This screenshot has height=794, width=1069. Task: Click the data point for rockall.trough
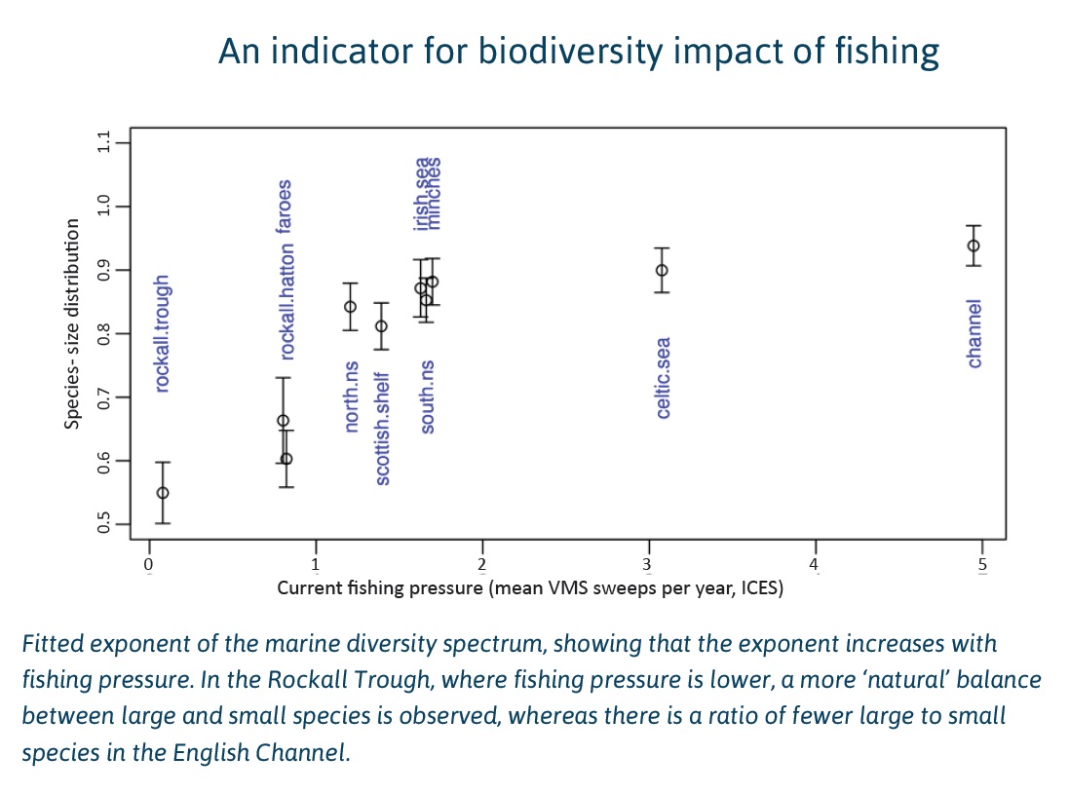point(163,492)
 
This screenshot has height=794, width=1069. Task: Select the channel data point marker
point(973,246)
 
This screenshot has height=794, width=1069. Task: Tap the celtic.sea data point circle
point(662,270)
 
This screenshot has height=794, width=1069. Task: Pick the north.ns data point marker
point(350,306)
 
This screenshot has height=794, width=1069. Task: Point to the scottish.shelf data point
point(381,326)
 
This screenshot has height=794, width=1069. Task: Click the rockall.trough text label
point(163,334)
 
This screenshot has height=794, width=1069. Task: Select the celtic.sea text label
point(663,378)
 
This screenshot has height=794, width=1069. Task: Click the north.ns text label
point(351,397)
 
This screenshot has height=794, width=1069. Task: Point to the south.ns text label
point(427,397)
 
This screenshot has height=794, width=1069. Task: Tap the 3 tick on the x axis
point(648,564)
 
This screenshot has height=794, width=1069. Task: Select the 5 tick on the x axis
point(981,564)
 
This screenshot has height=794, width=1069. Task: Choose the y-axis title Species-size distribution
point(72,323)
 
